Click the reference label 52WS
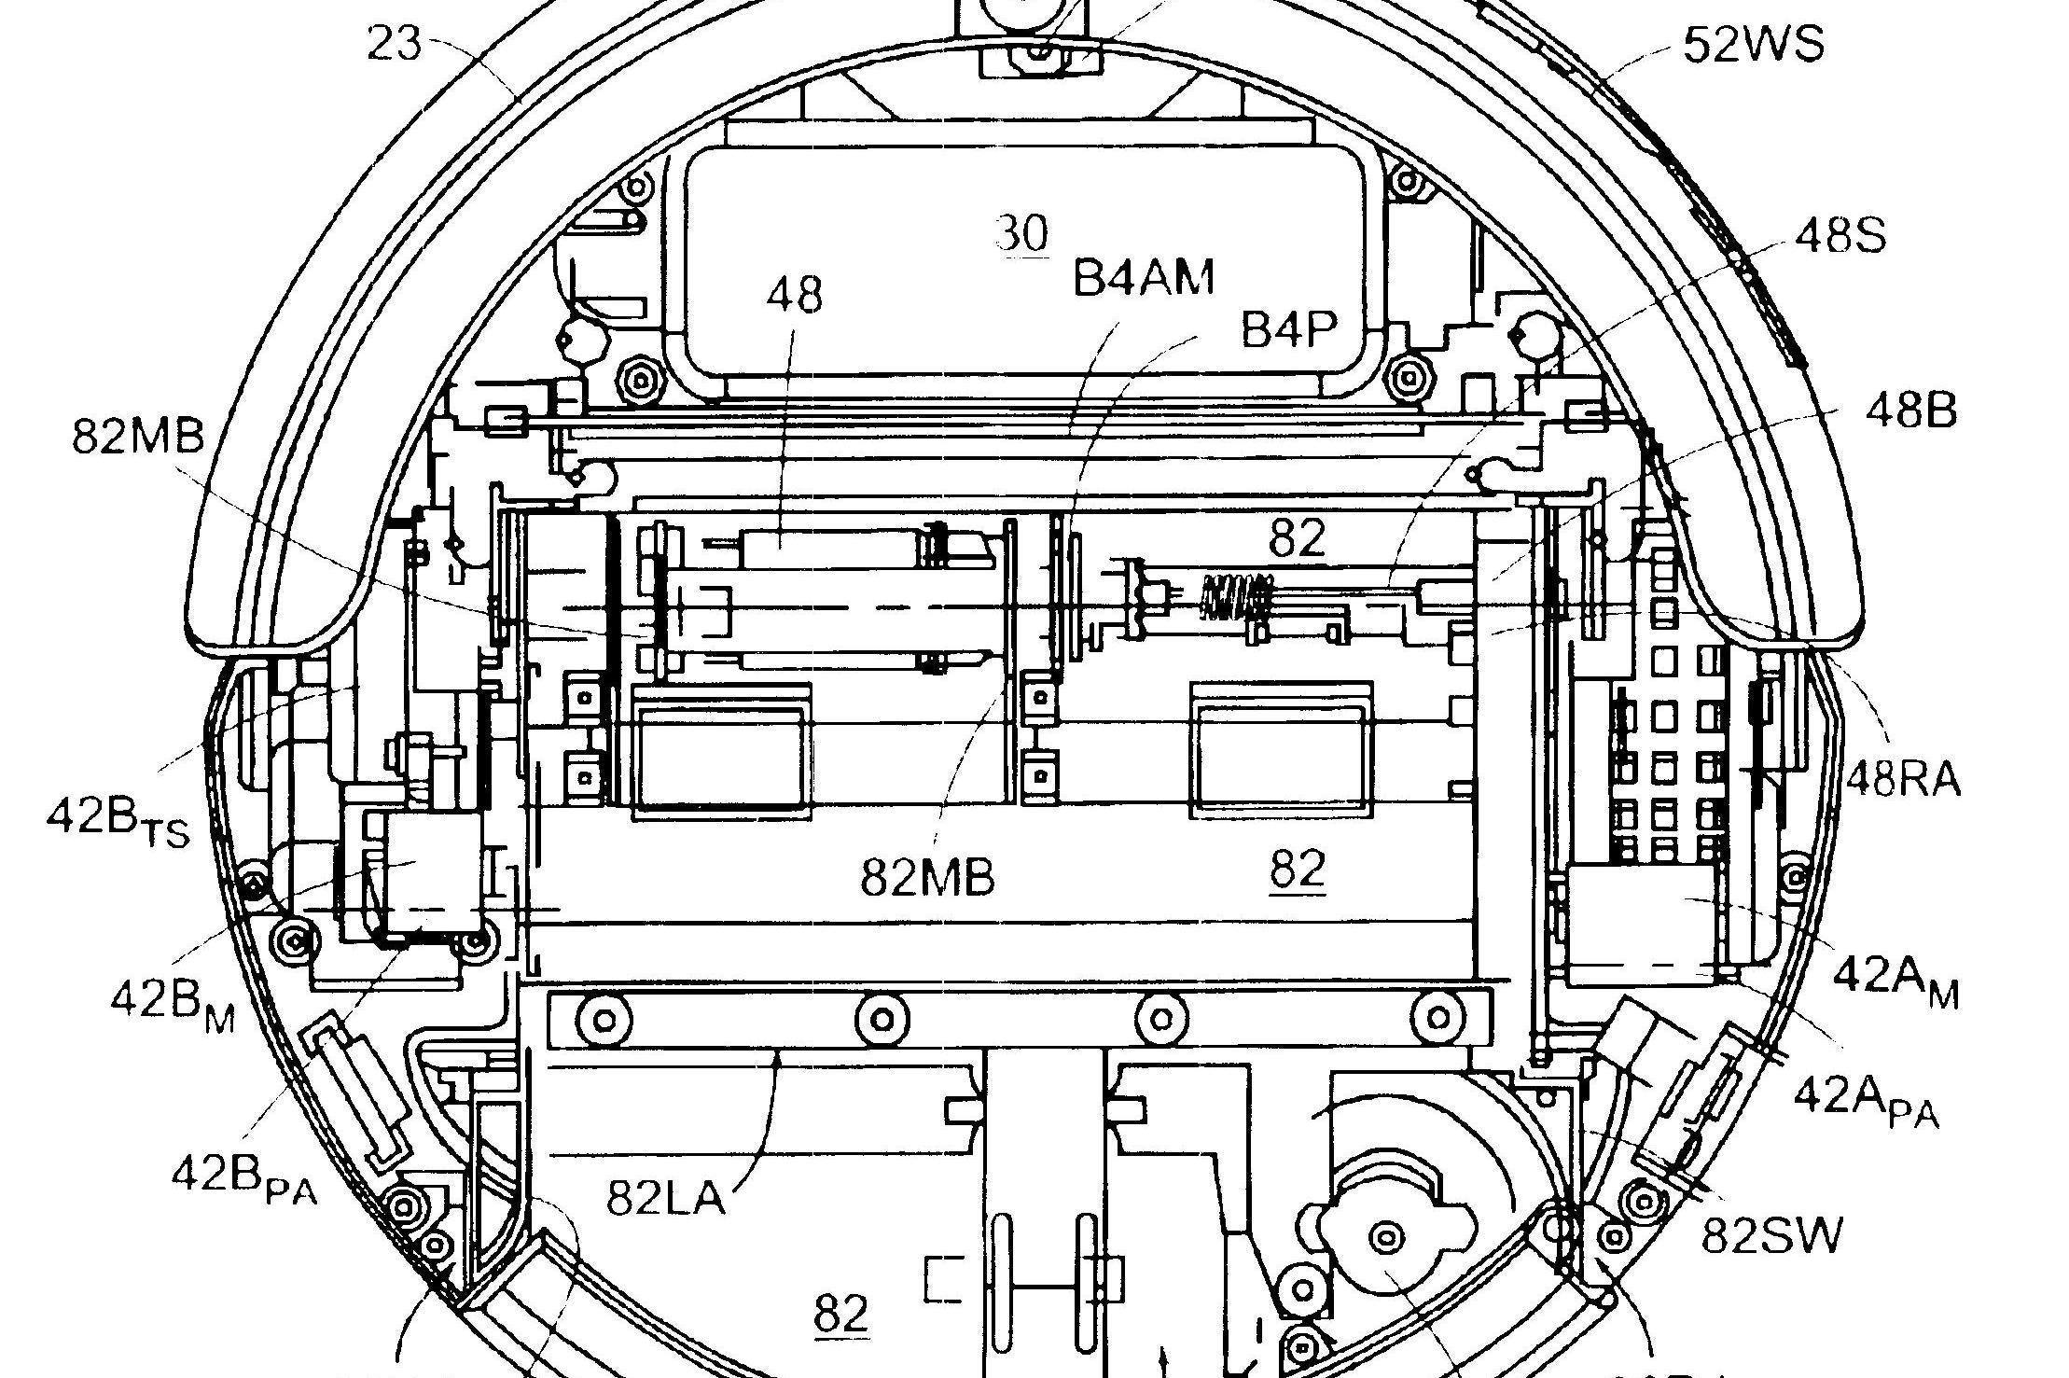(x=1753, y=44)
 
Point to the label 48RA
(x=1904, y=778)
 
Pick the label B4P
(x=1288, y=328)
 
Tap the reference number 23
(x=395, y=43)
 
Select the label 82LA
(x=666, y=1197)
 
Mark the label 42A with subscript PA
(x=1867, y=1101)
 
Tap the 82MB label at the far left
(x=138, y=437)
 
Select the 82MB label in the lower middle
(x=927, y=877)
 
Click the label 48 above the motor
(x=795, y=296)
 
